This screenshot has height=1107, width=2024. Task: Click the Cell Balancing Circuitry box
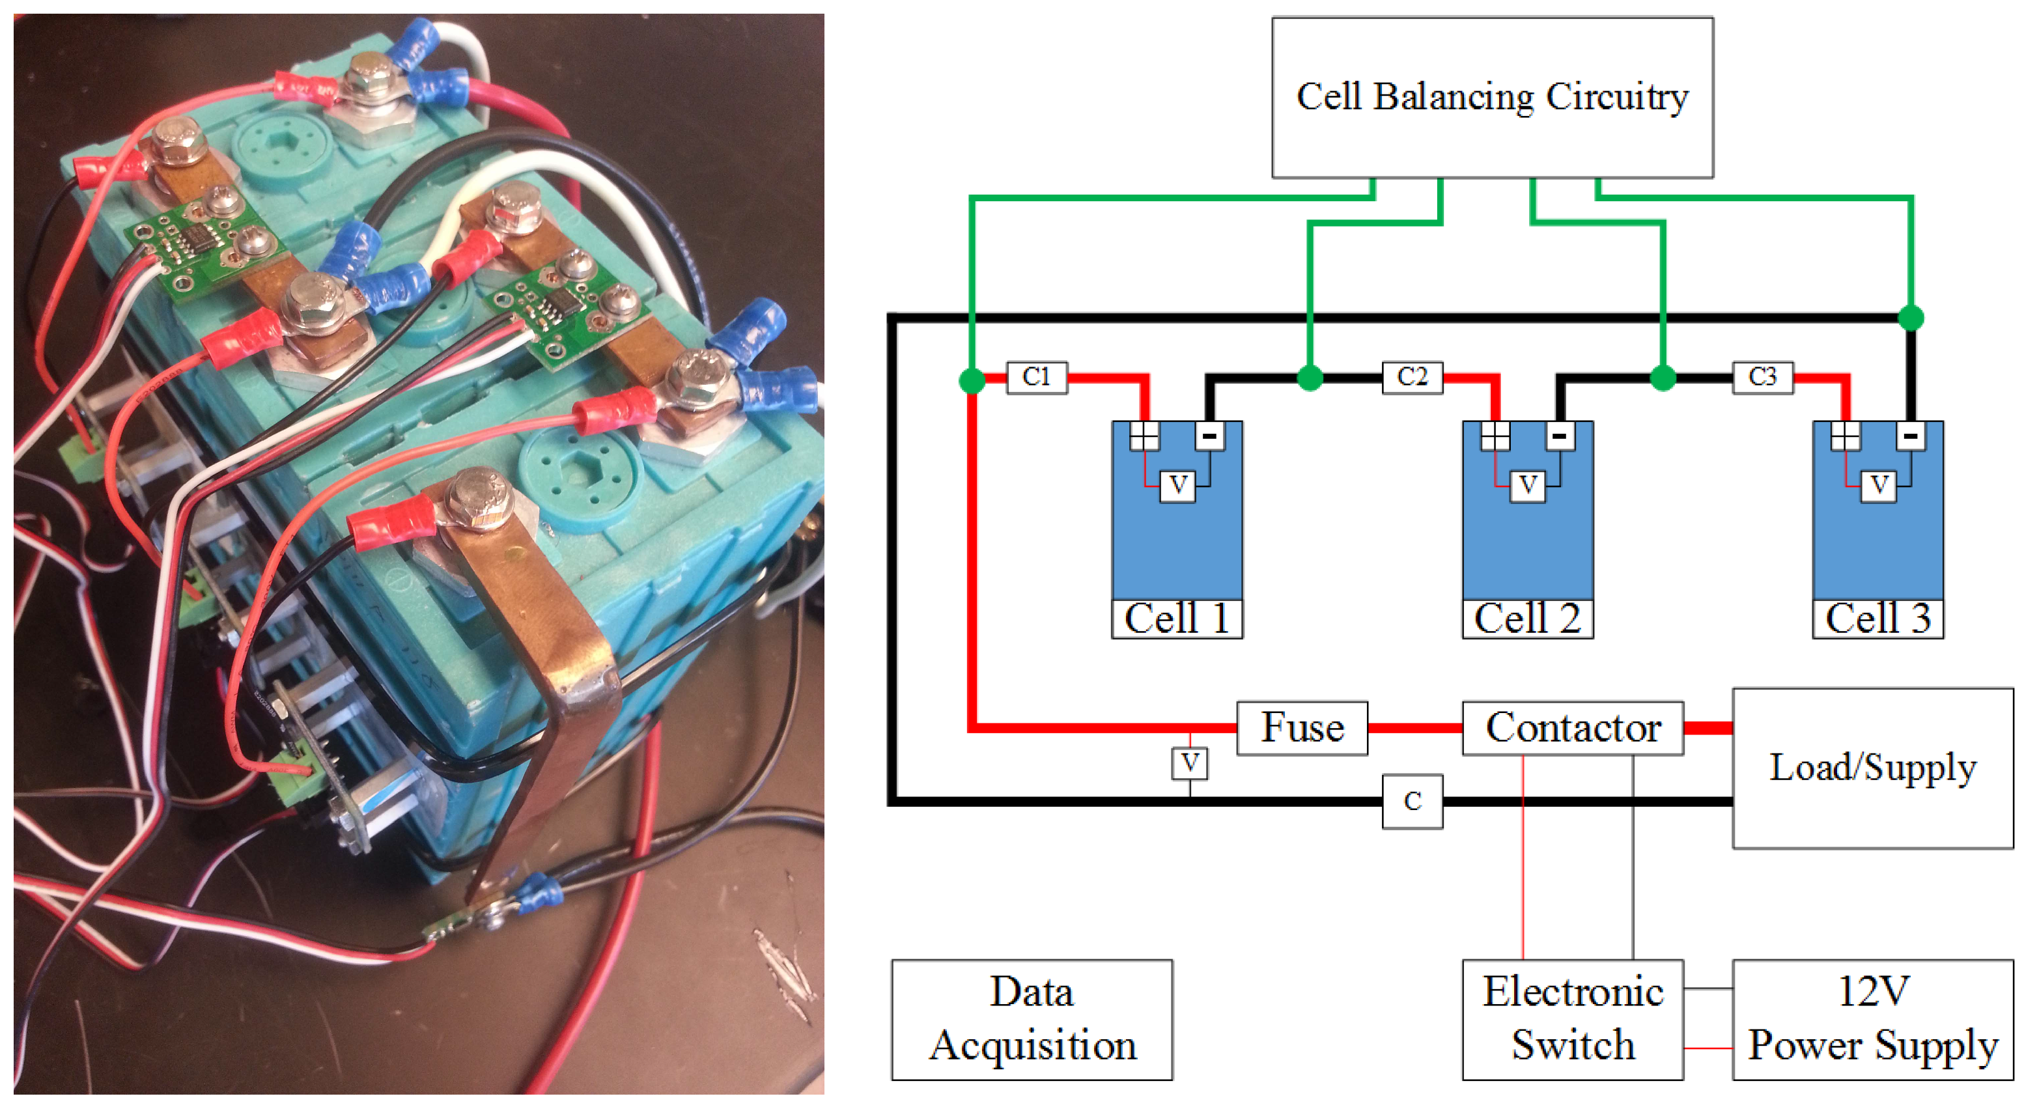1492,98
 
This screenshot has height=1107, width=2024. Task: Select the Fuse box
1302,728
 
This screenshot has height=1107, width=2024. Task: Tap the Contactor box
1572,728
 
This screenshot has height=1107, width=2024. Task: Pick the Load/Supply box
1872,768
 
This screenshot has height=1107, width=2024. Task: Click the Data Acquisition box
1032,1019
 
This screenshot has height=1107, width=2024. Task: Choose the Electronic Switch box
1572,1019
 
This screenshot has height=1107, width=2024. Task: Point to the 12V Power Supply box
1872,1019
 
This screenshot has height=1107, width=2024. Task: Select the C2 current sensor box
1412,377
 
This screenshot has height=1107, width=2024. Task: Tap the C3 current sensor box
1762,377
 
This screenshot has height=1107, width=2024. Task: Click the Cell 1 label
1177,619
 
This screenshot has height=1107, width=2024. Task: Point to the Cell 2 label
1527,619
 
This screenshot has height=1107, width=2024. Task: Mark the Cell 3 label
1878,619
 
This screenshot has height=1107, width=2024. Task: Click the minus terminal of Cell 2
1560,435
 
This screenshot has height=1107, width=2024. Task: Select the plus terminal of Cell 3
1845,435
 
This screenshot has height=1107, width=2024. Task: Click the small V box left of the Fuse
1190,763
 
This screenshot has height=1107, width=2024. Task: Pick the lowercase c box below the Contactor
1412,802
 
